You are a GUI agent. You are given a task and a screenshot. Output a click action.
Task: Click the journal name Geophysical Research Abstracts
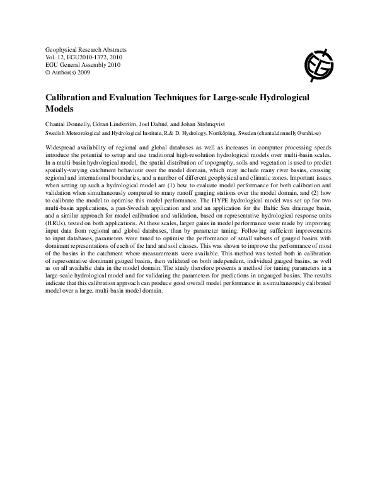[86, 49]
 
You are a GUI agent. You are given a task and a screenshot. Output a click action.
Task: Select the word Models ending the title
[61, 109]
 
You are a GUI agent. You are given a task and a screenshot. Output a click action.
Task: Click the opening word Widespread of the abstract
[63, 148]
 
